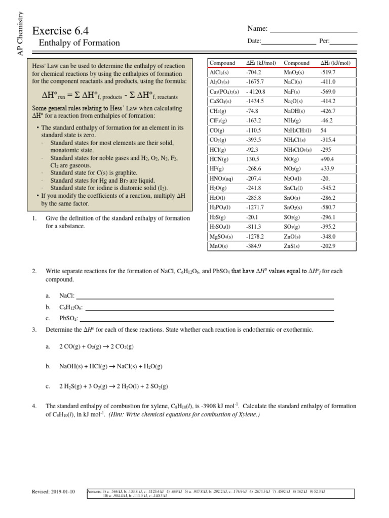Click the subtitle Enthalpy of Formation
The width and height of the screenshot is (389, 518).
point(80,43)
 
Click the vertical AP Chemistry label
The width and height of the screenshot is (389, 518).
point(21,33)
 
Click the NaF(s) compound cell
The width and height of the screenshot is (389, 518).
point(293,92)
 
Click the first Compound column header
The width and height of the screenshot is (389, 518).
point(222,63)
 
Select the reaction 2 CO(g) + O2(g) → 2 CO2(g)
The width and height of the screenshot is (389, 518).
point(96,347)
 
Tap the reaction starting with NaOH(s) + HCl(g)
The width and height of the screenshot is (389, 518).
point(110,366)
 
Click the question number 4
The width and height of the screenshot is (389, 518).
point(33,406)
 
